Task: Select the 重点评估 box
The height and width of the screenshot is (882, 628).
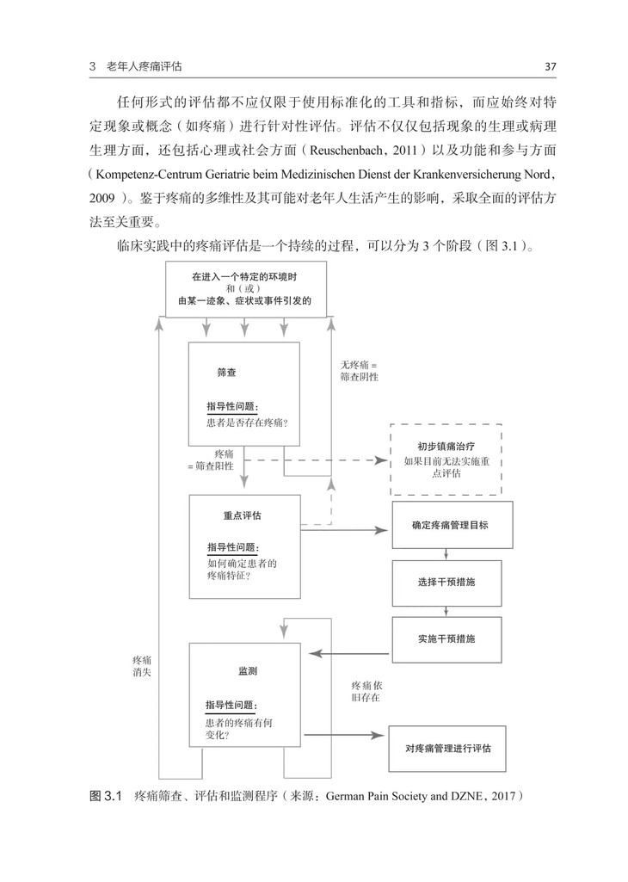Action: pyautogui.click(x=244, y=546)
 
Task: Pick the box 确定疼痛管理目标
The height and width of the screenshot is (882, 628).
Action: pyautogui.click(x=452, y=524)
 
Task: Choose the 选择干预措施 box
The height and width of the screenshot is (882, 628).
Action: pyautogui.click(x=446, y=582)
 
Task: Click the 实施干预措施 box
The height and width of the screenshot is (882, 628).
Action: pyautogui.click(x=446, y=639)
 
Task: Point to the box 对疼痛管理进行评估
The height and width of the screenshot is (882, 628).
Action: pyautogui.click(x=447, y=749)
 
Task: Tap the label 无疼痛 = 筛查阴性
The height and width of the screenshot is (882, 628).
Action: pyautogui.click(x=359, y=370)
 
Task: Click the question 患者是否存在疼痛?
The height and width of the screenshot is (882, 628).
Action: pyautogui.click(x=247, y=422)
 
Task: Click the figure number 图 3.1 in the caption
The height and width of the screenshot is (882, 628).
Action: pyautogui.click(x=108, y=796)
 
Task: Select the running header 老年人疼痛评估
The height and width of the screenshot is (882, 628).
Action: pyautogui.click(x=150, y=66)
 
